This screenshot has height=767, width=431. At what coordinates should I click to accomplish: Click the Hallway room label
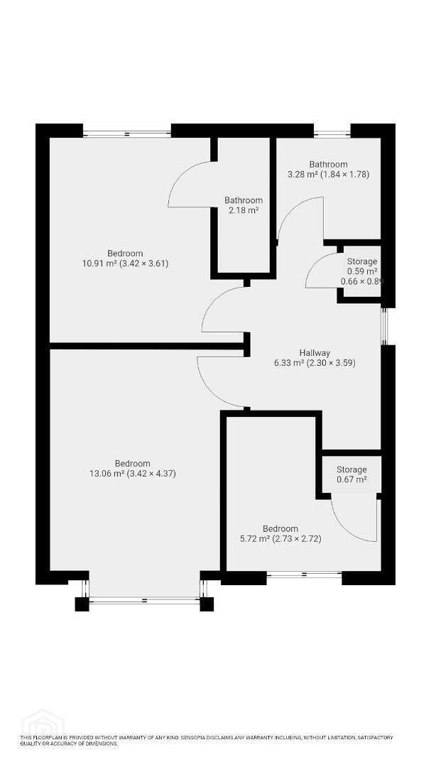[315, 353]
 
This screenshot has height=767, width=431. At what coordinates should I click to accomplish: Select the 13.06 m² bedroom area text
[133, 474]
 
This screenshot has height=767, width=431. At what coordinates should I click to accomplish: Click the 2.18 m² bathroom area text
[243, 210]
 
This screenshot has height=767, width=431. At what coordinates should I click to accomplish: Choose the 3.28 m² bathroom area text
[328, 174]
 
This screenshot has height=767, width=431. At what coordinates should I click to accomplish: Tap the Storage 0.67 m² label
[351, 474]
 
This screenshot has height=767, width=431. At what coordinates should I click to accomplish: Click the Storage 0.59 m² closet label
[362, 271]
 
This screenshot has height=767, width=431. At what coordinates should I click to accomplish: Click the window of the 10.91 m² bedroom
[126, 134]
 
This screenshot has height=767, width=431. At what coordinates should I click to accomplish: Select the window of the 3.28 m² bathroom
[332, 134]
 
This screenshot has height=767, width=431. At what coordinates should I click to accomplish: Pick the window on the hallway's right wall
[385, 326]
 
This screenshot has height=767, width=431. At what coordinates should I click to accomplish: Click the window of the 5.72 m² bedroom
[305, 575]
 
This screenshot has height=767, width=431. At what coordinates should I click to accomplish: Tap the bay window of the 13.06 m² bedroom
[144, 600]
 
